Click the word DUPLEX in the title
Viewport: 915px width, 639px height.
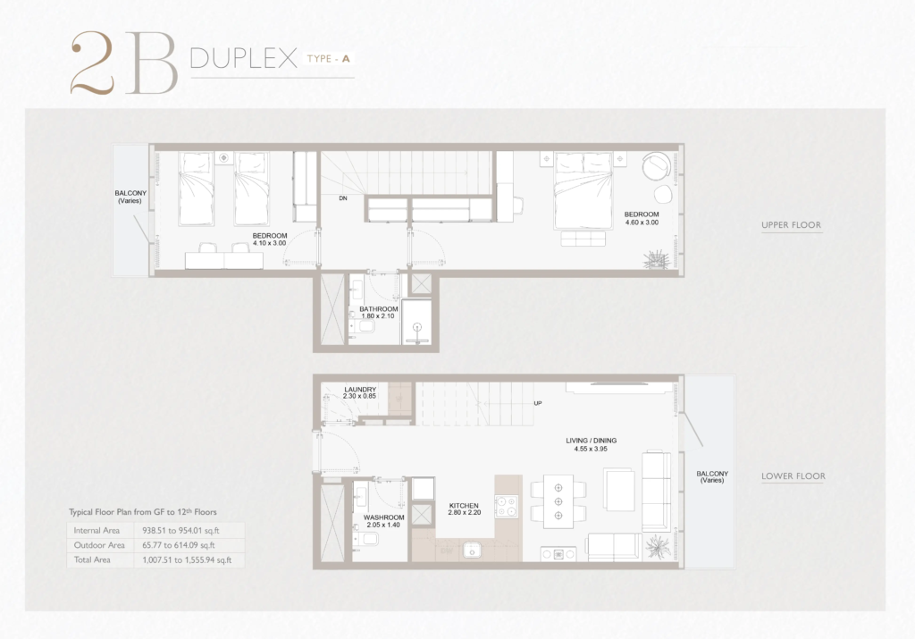pyautogui.click(x=244, y=58)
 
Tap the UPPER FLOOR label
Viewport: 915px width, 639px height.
pyautogui.click(x=791, y=224)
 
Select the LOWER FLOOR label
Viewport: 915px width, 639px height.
pyautogui.click(x=793, y=476)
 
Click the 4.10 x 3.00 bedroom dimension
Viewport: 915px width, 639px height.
pyautogui.click(x=270, y=243)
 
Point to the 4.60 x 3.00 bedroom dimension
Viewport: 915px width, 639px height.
pyautogui.click(x=642, y=223)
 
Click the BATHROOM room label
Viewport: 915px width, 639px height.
pyautogui.click(x=379, y=309)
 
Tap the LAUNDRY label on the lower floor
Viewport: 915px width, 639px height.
pyautogui.click(x=360, y=390)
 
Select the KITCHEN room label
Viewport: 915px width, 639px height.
pyautogui.click(x=464, y=505)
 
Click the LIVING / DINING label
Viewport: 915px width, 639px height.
pyautogui.click(x=592, y=441)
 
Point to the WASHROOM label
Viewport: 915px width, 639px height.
pyautogui.click(x=383, y=517)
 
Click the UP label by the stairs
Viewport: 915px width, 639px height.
pyautogui.click(x=537, y=403)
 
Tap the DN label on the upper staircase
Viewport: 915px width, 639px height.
pyautogui.click(x=343, y=198)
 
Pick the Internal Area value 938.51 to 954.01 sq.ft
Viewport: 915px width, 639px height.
pyautogui.click(x=180, y=531)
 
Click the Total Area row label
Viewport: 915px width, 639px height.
pyautogui.click(x=92, y=559)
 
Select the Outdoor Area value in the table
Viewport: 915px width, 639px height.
pyautogui.click(x=179, y=545)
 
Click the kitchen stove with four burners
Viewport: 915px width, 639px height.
pyautogui.click(x=506, y=507)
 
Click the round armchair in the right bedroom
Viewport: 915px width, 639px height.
pyautogui.click(x=657, y=166)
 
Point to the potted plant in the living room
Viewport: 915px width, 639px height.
pyautogui.click(x=658, y=546)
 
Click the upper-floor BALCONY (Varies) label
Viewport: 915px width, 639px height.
pyautogui.click(x=130, y=197)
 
